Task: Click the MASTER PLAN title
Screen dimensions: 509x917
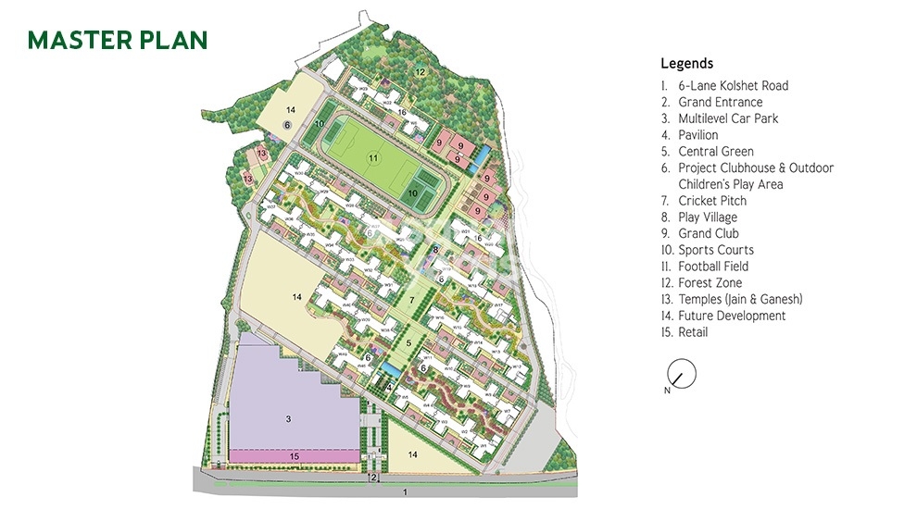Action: tap(117, 40)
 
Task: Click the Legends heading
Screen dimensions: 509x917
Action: tap(686, 64)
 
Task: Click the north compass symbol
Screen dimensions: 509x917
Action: tap(681, 374)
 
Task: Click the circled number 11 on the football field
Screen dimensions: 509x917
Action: tap(373, 158)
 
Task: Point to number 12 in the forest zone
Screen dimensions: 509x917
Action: tap(420, 71)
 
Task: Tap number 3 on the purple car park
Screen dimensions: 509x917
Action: tap(288, 419)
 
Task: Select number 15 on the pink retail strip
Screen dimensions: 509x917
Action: tap(294, 456)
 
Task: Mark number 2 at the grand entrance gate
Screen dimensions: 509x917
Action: tap(372, 478)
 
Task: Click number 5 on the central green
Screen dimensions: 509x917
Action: tap(408, 343)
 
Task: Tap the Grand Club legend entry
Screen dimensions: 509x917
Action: tap(709, 234)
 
